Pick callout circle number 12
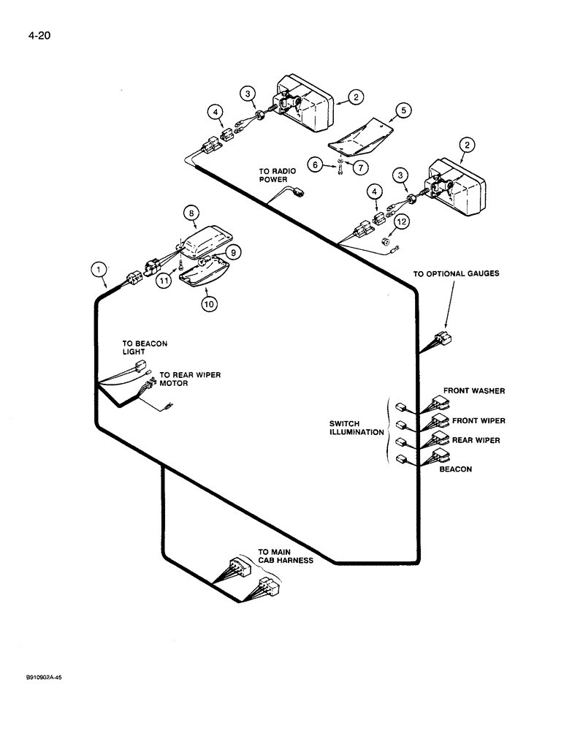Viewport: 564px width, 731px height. pyautogui.click(x=400, y=221)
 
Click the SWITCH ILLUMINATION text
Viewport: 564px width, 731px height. pyautogui.click(x=355, y=428)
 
